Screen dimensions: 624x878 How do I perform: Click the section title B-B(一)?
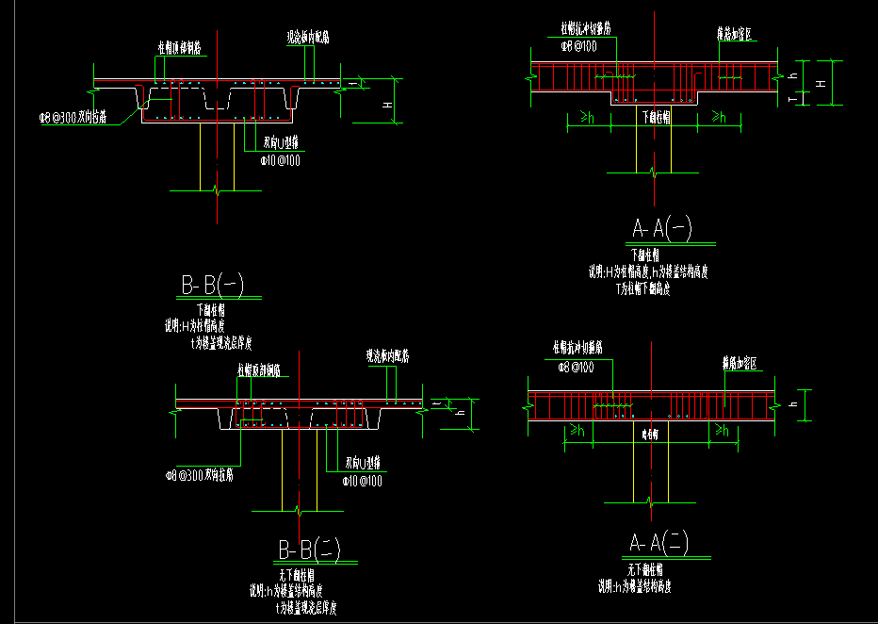pyautogui.click(x=212, y=285)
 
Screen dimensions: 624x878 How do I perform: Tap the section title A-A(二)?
pyautogui.click(x=658, y=542)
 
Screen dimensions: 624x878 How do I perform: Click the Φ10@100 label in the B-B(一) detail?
pyautogui.click(x=281, y=160)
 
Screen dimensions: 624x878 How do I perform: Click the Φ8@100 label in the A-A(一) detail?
pyautogui.click(x=578, y=44)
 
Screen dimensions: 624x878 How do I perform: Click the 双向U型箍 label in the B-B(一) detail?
pyautogui.click(x=283, y=142)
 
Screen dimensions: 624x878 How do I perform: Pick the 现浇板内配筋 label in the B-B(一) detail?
pyautogui.click(x=308, y=38)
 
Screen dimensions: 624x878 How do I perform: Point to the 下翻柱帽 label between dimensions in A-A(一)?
pyautogui.click(x=655, y=119)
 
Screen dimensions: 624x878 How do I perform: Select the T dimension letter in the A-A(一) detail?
pyautogui.click(x=792, y=97)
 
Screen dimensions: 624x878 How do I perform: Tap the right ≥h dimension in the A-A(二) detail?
pyautogui.click(x=722, y=431)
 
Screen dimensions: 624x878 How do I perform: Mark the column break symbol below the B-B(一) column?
pyautogui.click(x=218, y=190)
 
